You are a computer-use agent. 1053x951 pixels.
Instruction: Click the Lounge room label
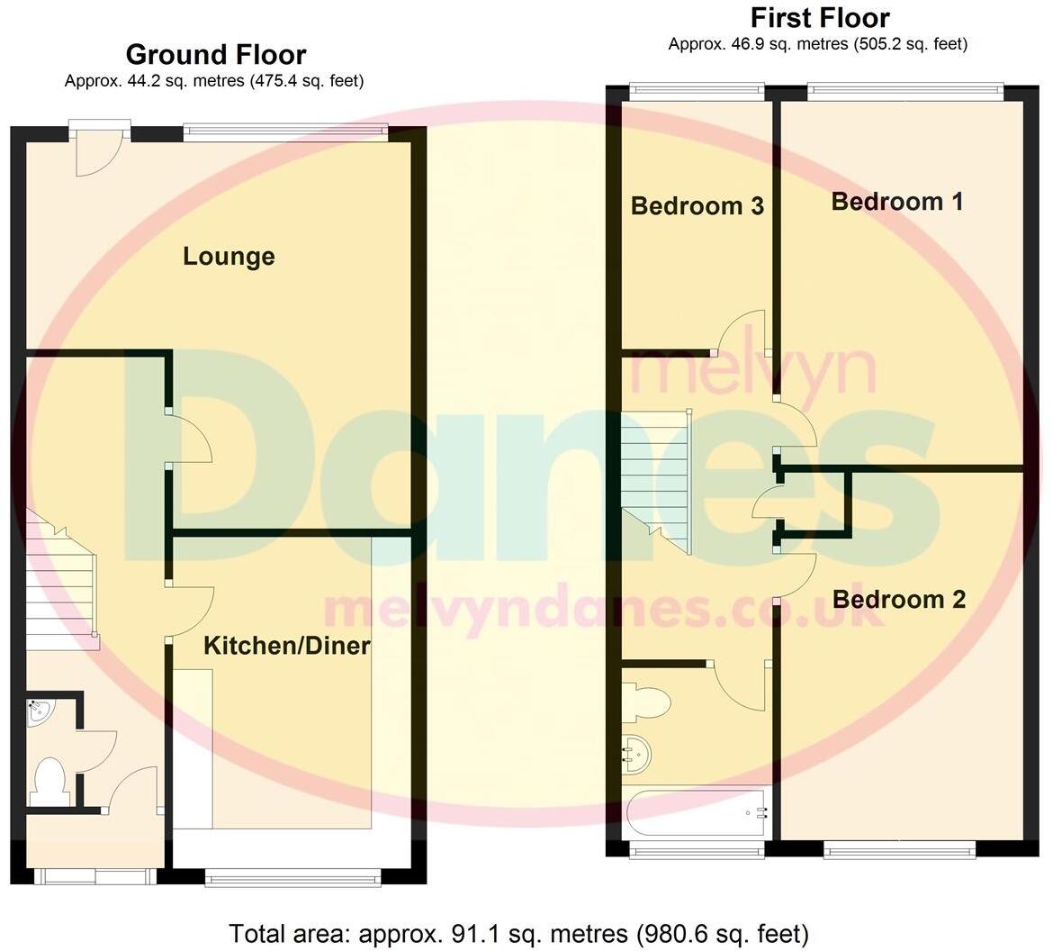tap(229, 257)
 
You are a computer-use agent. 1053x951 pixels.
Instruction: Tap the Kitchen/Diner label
tap(287, 646)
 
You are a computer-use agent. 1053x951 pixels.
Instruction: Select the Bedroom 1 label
tap(897, 202)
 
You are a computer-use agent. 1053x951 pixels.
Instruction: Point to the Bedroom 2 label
tap(899, 600)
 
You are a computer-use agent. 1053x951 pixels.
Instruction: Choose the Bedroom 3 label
tap(697, 206)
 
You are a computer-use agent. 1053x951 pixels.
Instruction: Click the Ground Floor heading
tap(216, 55)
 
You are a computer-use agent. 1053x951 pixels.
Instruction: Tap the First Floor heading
tap(820, 18)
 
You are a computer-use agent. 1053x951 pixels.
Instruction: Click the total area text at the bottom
tap(519, 933)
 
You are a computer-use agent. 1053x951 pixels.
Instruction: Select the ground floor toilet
tap(49, 782)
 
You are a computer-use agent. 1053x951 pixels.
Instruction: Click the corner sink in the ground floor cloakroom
tap(40, 712)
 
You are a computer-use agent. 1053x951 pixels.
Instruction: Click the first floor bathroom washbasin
tap(637, 753)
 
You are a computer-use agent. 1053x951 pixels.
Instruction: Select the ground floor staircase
tap(61, 581)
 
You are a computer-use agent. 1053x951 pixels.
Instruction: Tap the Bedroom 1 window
tap(904, 89)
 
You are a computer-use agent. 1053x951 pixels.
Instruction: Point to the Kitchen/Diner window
tap(292, 876)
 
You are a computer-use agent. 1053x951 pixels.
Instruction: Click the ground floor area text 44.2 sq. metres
tap(214, 81)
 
